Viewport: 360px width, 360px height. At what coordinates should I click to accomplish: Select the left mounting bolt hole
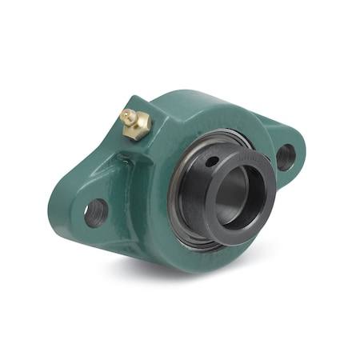pyautogui.click(x=96, y=211)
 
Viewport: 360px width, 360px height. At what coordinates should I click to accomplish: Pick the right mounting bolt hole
pyautogui.click(x=286, y=155)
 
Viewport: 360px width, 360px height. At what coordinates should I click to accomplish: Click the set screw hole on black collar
pyautogui.click(x=210, y=162)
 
